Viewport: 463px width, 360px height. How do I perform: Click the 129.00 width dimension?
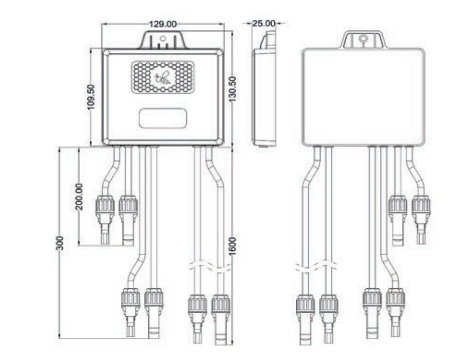pyautogui.click(x=163, y=24)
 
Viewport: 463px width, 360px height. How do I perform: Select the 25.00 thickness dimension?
pyautogui.click(x=264, y=23)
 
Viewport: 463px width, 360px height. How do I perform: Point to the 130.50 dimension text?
pyautogui.click(x=233, y=89)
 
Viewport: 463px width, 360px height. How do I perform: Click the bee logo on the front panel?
pyautogui.click(x=163, y=78)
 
